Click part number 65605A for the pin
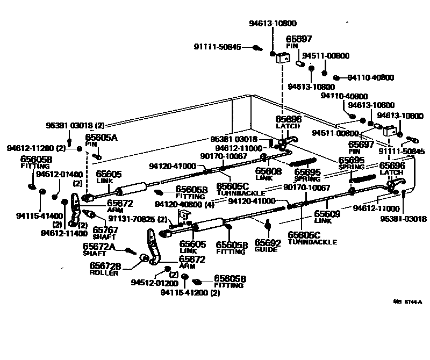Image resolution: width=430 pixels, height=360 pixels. pos(101,138)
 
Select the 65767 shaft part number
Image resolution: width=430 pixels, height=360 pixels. pos(105,229)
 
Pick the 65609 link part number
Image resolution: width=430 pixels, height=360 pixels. pos(327,213)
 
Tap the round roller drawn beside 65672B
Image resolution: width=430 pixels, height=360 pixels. pos(145,259)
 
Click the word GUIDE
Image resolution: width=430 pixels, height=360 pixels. pos(266,249)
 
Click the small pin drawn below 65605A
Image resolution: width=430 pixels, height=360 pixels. pos(98,156)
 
